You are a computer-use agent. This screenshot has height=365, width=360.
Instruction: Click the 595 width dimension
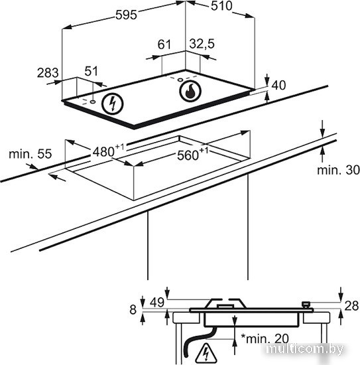pyautogui.click(x=126, y=15)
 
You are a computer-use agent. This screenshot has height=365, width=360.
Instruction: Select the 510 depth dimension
pyautogui.click(x=221, y=6)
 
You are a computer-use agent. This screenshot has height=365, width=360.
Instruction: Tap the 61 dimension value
pyautogui.click(x=164, y=44)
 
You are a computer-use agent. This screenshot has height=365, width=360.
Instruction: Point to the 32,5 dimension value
pyautogui.click(x=202, y=44)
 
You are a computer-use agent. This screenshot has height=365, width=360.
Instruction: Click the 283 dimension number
pyautogui.click(x=48, y=72)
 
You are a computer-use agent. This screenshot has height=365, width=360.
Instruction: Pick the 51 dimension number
pyautogui.click(x=91, y=71)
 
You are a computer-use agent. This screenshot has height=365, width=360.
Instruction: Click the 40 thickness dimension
pyautogui.click(x=278, y=85)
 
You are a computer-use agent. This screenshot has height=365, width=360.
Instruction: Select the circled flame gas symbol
pyautogui.click(x=190, y=92)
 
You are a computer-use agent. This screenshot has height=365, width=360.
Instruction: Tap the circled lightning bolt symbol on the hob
pyautogui.click(x=113, y=104)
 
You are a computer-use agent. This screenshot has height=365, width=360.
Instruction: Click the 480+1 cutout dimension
pyautogui.click(x=108, y=151)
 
